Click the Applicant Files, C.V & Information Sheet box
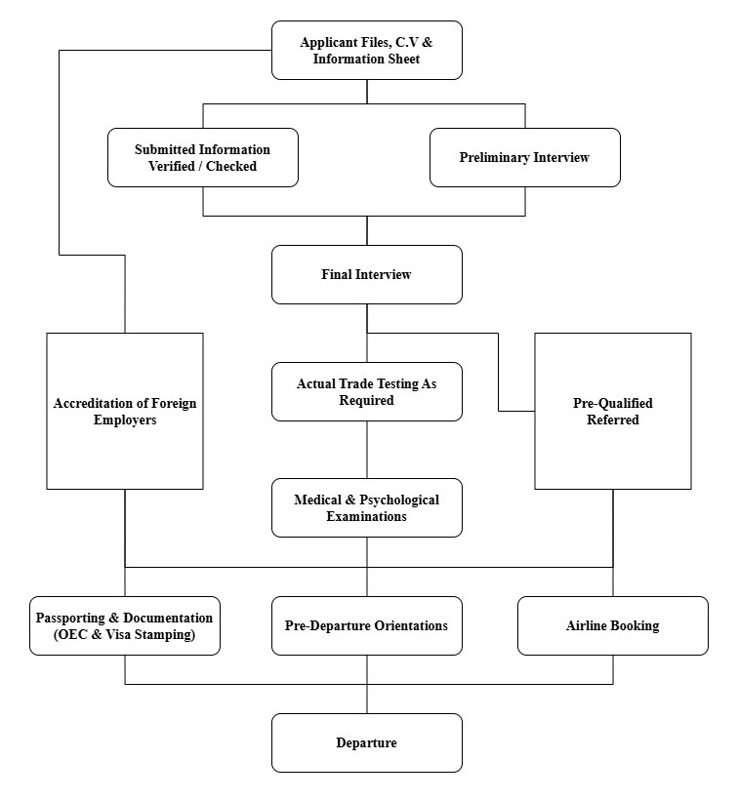coord(366,51)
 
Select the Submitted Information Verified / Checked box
coord(202,157)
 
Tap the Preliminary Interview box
coord(524,157)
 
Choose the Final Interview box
coord(366,274)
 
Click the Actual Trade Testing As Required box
coord(366,391)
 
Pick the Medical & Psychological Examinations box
coord(366,507)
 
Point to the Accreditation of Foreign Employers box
coord(125,411)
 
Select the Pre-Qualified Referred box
coord(612,411)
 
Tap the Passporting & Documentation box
coord(124,625)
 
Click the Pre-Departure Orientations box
coord(366,625)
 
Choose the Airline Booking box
coord(612,625)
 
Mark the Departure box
coord(366,742)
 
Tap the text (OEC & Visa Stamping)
coord(124,634)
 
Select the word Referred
coord(612,420)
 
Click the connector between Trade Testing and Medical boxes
coord(367,450)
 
